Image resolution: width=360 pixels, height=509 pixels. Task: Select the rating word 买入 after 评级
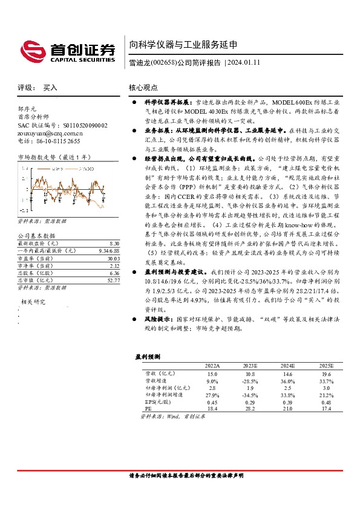point(50,88)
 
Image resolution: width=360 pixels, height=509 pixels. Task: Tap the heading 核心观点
point(143,88)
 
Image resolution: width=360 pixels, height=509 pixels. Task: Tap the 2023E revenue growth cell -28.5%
point(249,381)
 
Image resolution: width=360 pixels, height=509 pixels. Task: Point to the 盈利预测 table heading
point(147,357)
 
